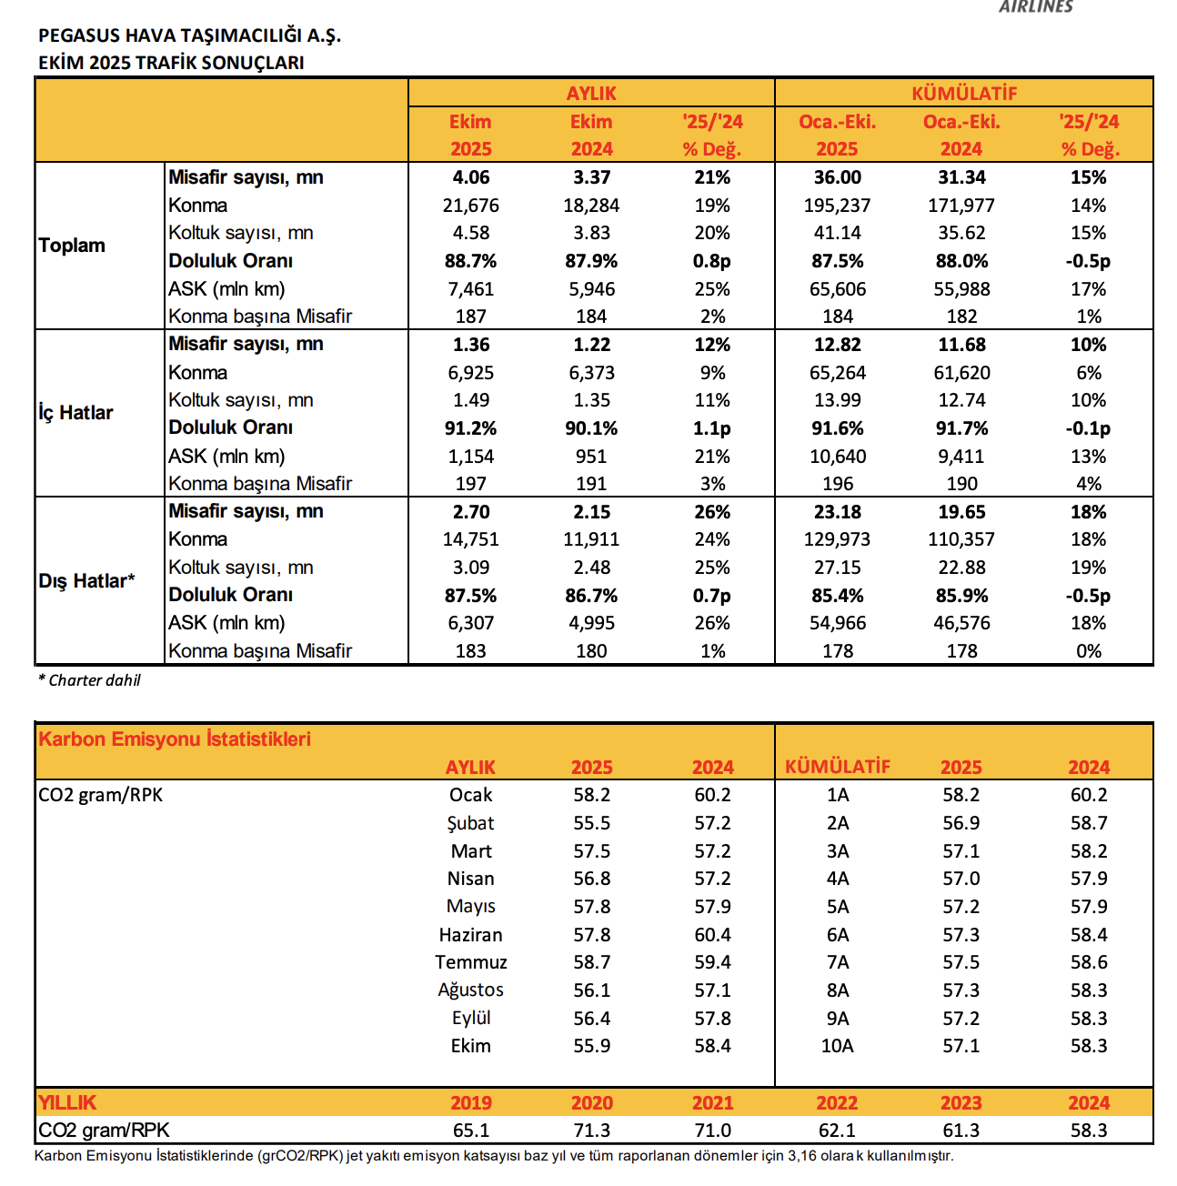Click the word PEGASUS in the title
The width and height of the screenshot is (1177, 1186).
click(x=79, y=35)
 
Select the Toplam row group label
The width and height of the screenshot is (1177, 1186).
click(x=72, y=246)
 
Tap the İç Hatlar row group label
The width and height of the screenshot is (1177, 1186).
click(x=75, y=413)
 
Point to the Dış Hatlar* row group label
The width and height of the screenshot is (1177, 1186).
click(x=86, y=581)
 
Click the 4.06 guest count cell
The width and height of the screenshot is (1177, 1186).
click(x=470, y=177)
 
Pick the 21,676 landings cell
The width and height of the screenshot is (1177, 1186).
click(x=470, y=206)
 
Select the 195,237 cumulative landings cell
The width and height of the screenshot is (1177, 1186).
click(x=837, y=206)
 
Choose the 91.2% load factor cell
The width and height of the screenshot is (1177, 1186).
click(x=470, y=428)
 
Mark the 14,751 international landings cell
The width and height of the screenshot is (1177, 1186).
click(x=470, y=539)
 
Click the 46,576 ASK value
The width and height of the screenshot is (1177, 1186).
click(x=961, y=623)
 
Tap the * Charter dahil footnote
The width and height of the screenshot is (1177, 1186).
click(x=89, y=680)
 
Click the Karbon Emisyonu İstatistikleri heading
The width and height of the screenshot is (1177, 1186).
click(x=175, y=739)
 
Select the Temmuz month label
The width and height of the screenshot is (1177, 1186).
click(x=470, y=962)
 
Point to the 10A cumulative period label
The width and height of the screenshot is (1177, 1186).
click(x=837, y=1046)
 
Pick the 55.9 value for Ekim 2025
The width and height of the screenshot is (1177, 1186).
click(x=591, y=1046)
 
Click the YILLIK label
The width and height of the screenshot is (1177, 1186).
click(x=67, y=1102)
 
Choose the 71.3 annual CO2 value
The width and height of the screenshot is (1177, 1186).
click(x=591, y=1131)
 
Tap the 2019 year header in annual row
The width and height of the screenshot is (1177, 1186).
click(x=470, y=1102)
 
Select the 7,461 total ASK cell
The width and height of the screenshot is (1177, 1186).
click(x=470, y=289)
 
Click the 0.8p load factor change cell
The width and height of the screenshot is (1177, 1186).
click(x=711, y=261)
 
